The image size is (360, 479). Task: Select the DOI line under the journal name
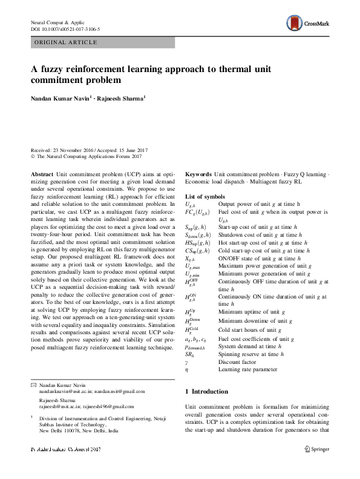coord(65,29)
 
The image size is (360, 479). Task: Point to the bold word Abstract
coord(42,174)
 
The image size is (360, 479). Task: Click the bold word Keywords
coord(198,174)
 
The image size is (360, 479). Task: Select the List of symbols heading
coord(205,197)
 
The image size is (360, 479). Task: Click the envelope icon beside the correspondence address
coord(33,385)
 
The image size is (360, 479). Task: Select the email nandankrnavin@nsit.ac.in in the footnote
coord(62,392)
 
